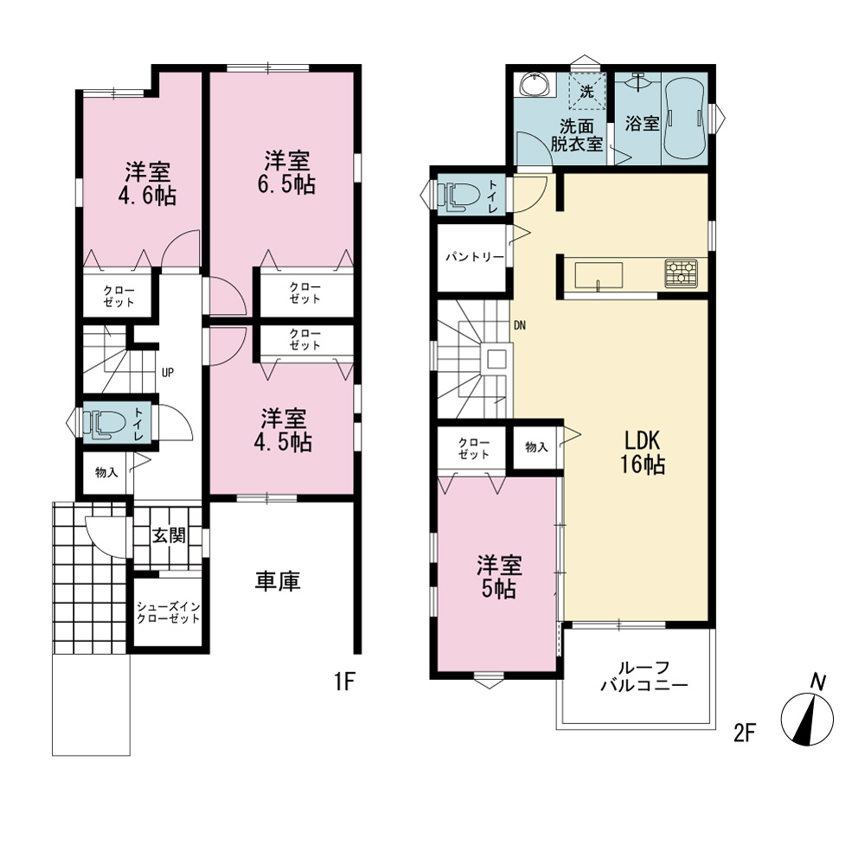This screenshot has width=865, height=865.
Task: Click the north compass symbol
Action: pos(808,715)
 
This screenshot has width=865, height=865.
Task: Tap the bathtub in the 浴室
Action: pos(684,118)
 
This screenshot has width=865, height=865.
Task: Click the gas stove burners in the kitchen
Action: pos(681,273)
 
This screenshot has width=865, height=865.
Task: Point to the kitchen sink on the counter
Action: pos(599,275)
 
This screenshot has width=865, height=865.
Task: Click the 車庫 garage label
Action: pos(278,581)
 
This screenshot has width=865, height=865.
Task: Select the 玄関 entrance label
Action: pos(169,535)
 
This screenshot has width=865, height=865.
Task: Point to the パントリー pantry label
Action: pos(474,257)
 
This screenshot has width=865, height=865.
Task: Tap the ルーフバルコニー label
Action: pos(644,677)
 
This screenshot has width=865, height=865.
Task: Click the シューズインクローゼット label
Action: pos(169,612)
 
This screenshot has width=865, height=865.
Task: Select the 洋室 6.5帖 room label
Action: pos(286,172)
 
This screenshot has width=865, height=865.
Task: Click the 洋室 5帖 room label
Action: pos(499,577)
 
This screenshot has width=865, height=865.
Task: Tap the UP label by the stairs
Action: pos(168,373)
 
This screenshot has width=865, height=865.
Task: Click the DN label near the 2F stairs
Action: pos(520,325)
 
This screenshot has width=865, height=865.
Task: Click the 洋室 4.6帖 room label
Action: pos(147,183)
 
